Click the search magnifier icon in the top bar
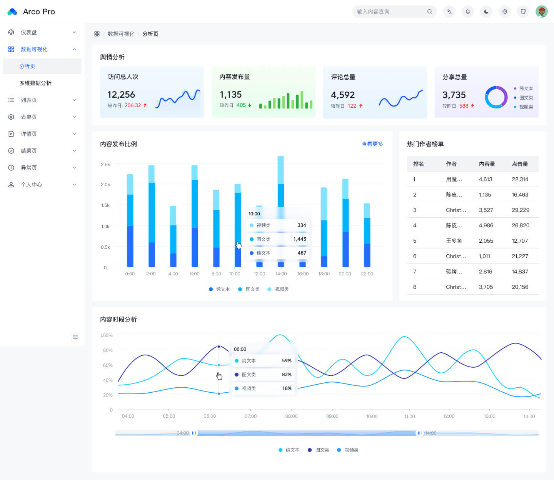pyautogui.click(x=429, y=12)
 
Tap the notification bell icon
pyautogui.click(x=468, y=12)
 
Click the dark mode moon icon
pyautogui.click(x=486, y=12)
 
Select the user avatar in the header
pyautogui.click(x=541, y=12)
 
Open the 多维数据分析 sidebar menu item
pyautogui.click(x=35, y=83)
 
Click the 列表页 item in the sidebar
pyautogui.click(x=29, y=100)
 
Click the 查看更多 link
pyautogui.click(x=372, y=144)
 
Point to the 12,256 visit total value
pyautogui.click(x=121, y=95)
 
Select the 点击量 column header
pyautogui.click(x=520, y=164)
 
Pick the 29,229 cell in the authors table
pyautogui.click(x=521, y=210)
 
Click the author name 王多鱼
pyautogui.click(x=454, y=241)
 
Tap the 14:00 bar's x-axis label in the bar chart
pyautogui.click(x=281, y=273)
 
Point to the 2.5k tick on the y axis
pyautogui.click(x=105, y=164)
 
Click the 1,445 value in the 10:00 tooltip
pyautogui.click(x=300, y=239)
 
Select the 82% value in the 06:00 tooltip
pyautogui.click(x=287, y=374)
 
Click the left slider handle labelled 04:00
pyautogui.click(x=194, y=433)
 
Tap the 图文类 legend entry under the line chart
pyautogui.click(x=319, y=450)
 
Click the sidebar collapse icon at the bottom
pyautogui.click(x=75, y=337)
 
